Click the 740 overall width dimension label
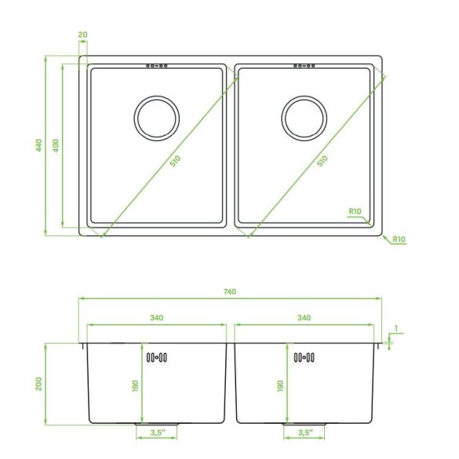[x=230, y=292]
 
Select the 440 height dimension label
[x=39, y=145]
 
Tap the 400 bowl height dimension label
[x=56, y=145]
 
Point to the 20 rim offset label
[x=83, y=35]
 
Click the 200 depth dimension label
[x=39, y=384]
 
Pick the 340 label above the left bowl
[x=157, y=318]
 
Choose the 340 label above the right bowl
[x=304, y=318]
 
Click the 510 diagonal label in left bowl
[x=175, y=161]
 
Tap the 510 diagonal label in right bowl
[x=322, y=161]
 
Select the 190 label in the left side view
[x=135, y=386]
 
